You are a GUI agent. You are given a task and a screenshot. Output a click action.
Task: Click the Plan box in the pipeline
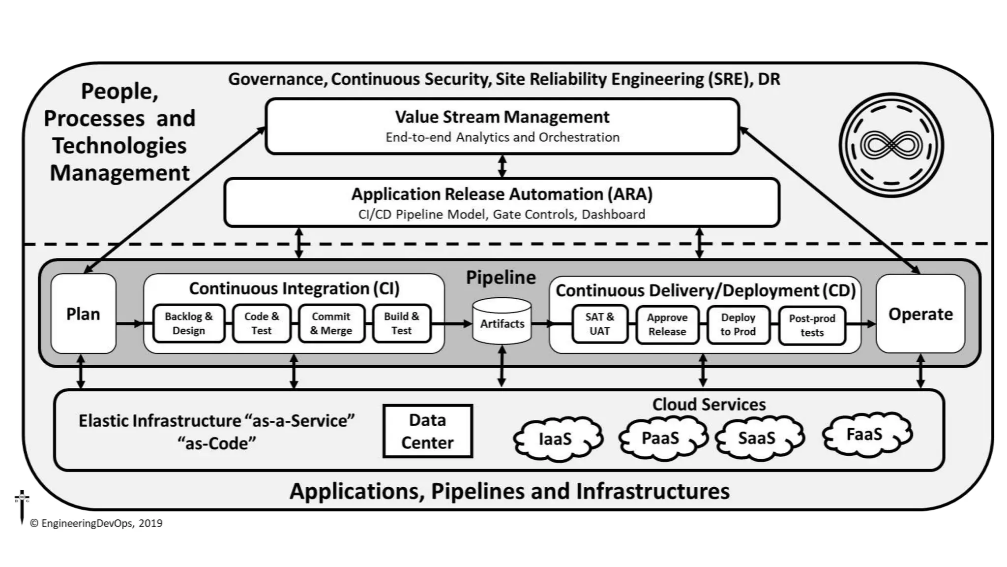[x=83, y=314]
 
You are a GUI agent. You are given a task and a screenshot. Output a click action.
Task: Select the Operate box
[x=920, y=314]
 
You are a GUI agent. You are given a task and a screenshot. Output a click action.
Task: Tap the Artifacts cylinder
[x=502, y=323]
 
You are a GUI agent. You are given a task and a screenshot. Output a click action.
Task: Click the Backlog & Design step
[x=188, y=323]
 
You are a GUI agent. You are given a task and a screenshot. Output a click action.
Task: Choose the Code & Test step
[x=261, y=323]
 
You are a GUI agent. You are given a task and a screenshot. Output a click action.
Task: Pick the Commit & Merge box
[x=331, y=323]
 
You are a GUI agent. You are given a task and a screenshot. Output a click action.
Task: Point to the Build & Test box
[x=401, y=323]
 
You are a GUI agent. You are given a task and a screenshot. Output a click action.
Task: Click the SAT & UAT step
[x=599, y=324]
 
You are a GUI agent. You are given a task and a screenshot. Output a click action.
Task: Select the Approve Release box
[x=667, y=325]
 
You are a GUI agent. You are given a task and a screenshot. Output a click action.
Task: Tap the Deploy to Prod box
[x=738, y=325]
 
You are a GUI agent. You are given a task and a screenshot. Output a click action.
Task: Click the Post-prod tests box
[x=812, y=325]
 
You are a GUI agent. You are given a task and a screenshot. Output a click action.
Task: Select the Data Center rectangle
[x=427, y=431]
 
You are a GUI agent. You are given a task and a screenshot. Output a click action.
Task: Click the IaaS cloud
[x=556, y=439]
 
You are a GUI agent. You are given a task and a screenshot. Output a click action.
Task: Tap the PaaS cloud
[x=660, y=438]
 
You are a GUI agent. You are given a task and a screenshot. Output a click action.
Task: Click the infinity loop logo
[x=891, y=146]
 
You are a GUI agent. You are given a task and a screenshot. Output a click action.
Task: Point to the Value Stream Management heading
[x=502, y=117]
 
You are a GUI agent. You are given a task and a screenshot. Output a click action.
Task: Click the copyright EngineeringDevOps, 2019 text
[x=96, y=523]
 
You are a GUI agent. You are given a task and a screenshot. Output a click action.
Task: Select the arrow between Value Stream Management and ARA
[x=502, y=166]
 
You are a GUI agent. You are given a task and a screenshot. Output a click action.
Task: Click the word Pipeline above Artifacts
[x=501, y=278]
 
